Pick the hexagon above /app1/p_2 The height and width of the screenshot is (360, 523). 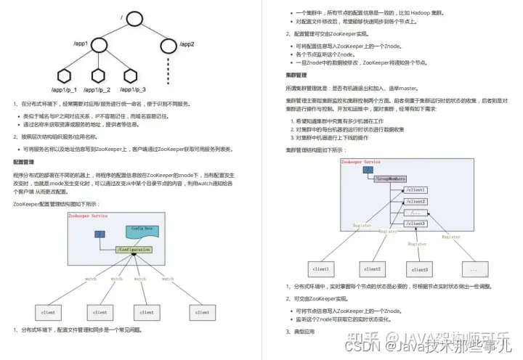click(x=98, y=75)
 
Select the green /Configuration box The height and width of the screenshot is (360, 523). click(x=133, y=250)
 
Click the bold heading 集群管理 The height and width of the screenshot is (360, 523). click(x=296, y=74)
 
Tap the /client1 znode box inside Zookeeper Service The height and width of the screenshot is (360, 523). click(x=415, y=189)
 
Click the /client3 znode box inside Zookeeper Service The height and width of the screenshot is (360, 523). click(x=415, y=224)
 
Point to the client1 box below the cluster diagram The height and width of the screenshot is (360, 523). click(x=320, y=270)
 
